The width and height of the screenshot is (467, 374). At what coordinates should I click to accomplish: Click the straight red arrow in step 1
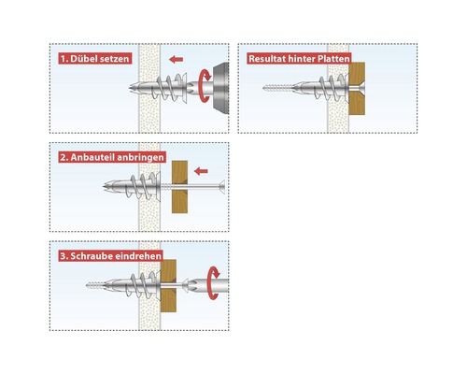(177, 59)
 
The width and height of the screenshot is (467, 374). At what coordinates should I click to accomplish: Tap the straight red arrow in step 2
(201, 171)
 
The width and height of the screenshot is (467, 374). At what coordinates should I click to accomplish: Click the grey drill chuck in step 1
(221, 88)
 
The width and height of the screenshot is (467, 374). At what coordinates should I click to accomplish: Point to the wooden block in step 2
(179, 187)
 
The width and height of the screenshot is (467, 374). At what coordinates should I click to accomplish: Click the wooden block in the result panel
(357, 88)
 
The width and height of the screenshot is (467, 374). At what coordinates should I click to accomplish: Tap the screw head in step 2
(221, 187)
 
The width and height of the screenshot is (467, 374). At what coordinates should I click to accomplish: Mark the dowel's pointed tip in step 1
(130, 88)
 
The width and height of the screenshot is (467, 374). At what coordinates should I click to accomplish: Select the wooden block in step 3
(168, 286)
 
